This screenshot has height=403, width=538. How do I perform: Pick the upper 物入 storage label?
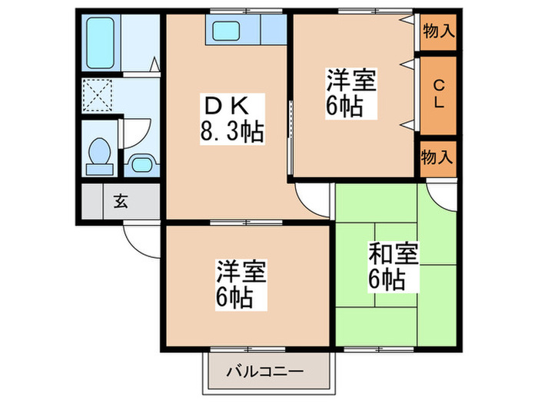point(437,31)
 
